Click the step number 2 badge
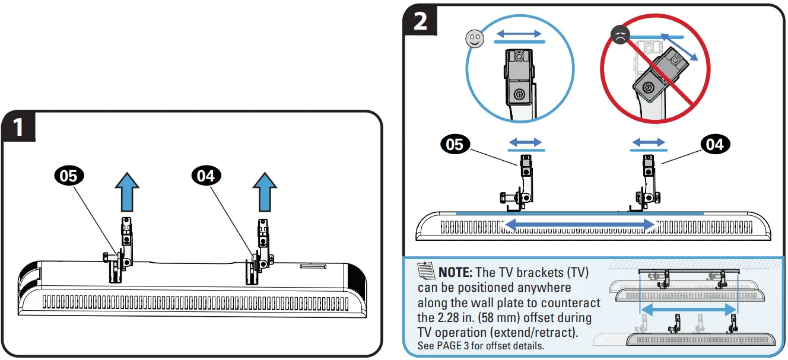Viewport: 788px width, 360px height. pos(420,21)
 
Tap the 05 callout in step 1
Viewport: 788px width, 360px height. pos(69,175)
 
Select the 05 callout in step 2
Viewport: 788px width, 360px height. pos(455,145)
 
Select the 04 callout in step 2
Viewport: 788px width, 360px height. pos(716,144)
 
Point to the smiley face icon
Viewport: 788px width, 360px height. pos(473,39)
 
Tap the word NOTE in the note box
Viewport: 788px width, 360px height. pos(455,273)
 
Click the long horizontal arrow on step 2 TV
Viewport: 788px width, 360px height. pos(579,224)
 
